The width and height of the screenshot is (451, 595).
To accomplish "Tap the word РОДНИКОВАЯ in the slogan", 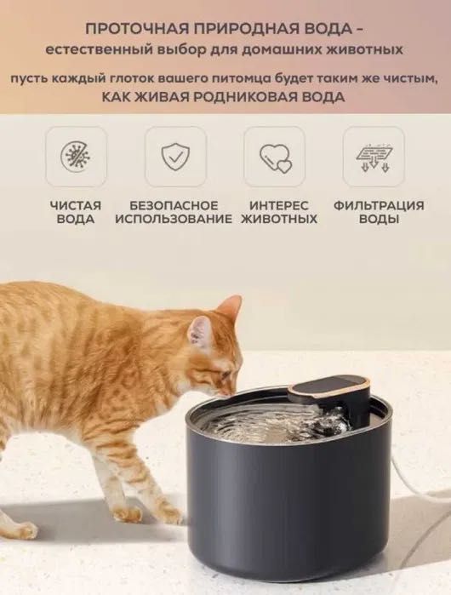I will click(x=248, y=97).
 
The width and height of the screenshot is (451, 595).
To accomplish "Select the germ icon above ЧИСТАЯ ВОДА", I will click(x=76, y=156).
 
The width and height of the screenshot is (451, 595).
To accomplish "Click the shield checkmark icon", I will click(x=175, y=156).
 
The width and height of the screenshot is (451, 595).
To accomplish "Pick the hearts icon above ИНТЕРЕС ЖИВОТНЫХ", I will click(x=274, y=156).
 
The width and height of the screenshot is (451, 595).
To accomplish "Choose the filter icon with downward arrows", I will click(x=374, y=156).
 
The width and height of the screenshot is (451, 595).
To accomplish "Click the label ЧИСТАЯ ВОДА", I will click(x=76, y=212).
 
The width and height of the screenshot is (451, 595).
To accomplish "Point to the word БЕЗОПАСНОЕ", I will click(x=174, y=205).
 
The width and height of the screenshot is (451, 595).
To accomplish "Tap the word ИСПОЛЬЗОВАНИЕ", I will click(x=174, y=219).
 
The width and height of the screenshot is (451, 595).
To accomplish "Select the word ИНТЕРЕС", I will click(x=279, y=205).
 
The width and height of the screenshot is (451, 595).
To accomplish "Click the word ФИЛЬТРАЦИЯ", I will click(x=379, y=205).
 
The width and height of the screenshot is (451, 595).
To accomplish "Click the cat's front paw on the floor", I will click(x=128, y=513).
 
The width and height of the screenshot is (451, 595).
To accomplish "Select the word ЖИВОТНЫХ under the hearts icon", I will click(x=279, y=219).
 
